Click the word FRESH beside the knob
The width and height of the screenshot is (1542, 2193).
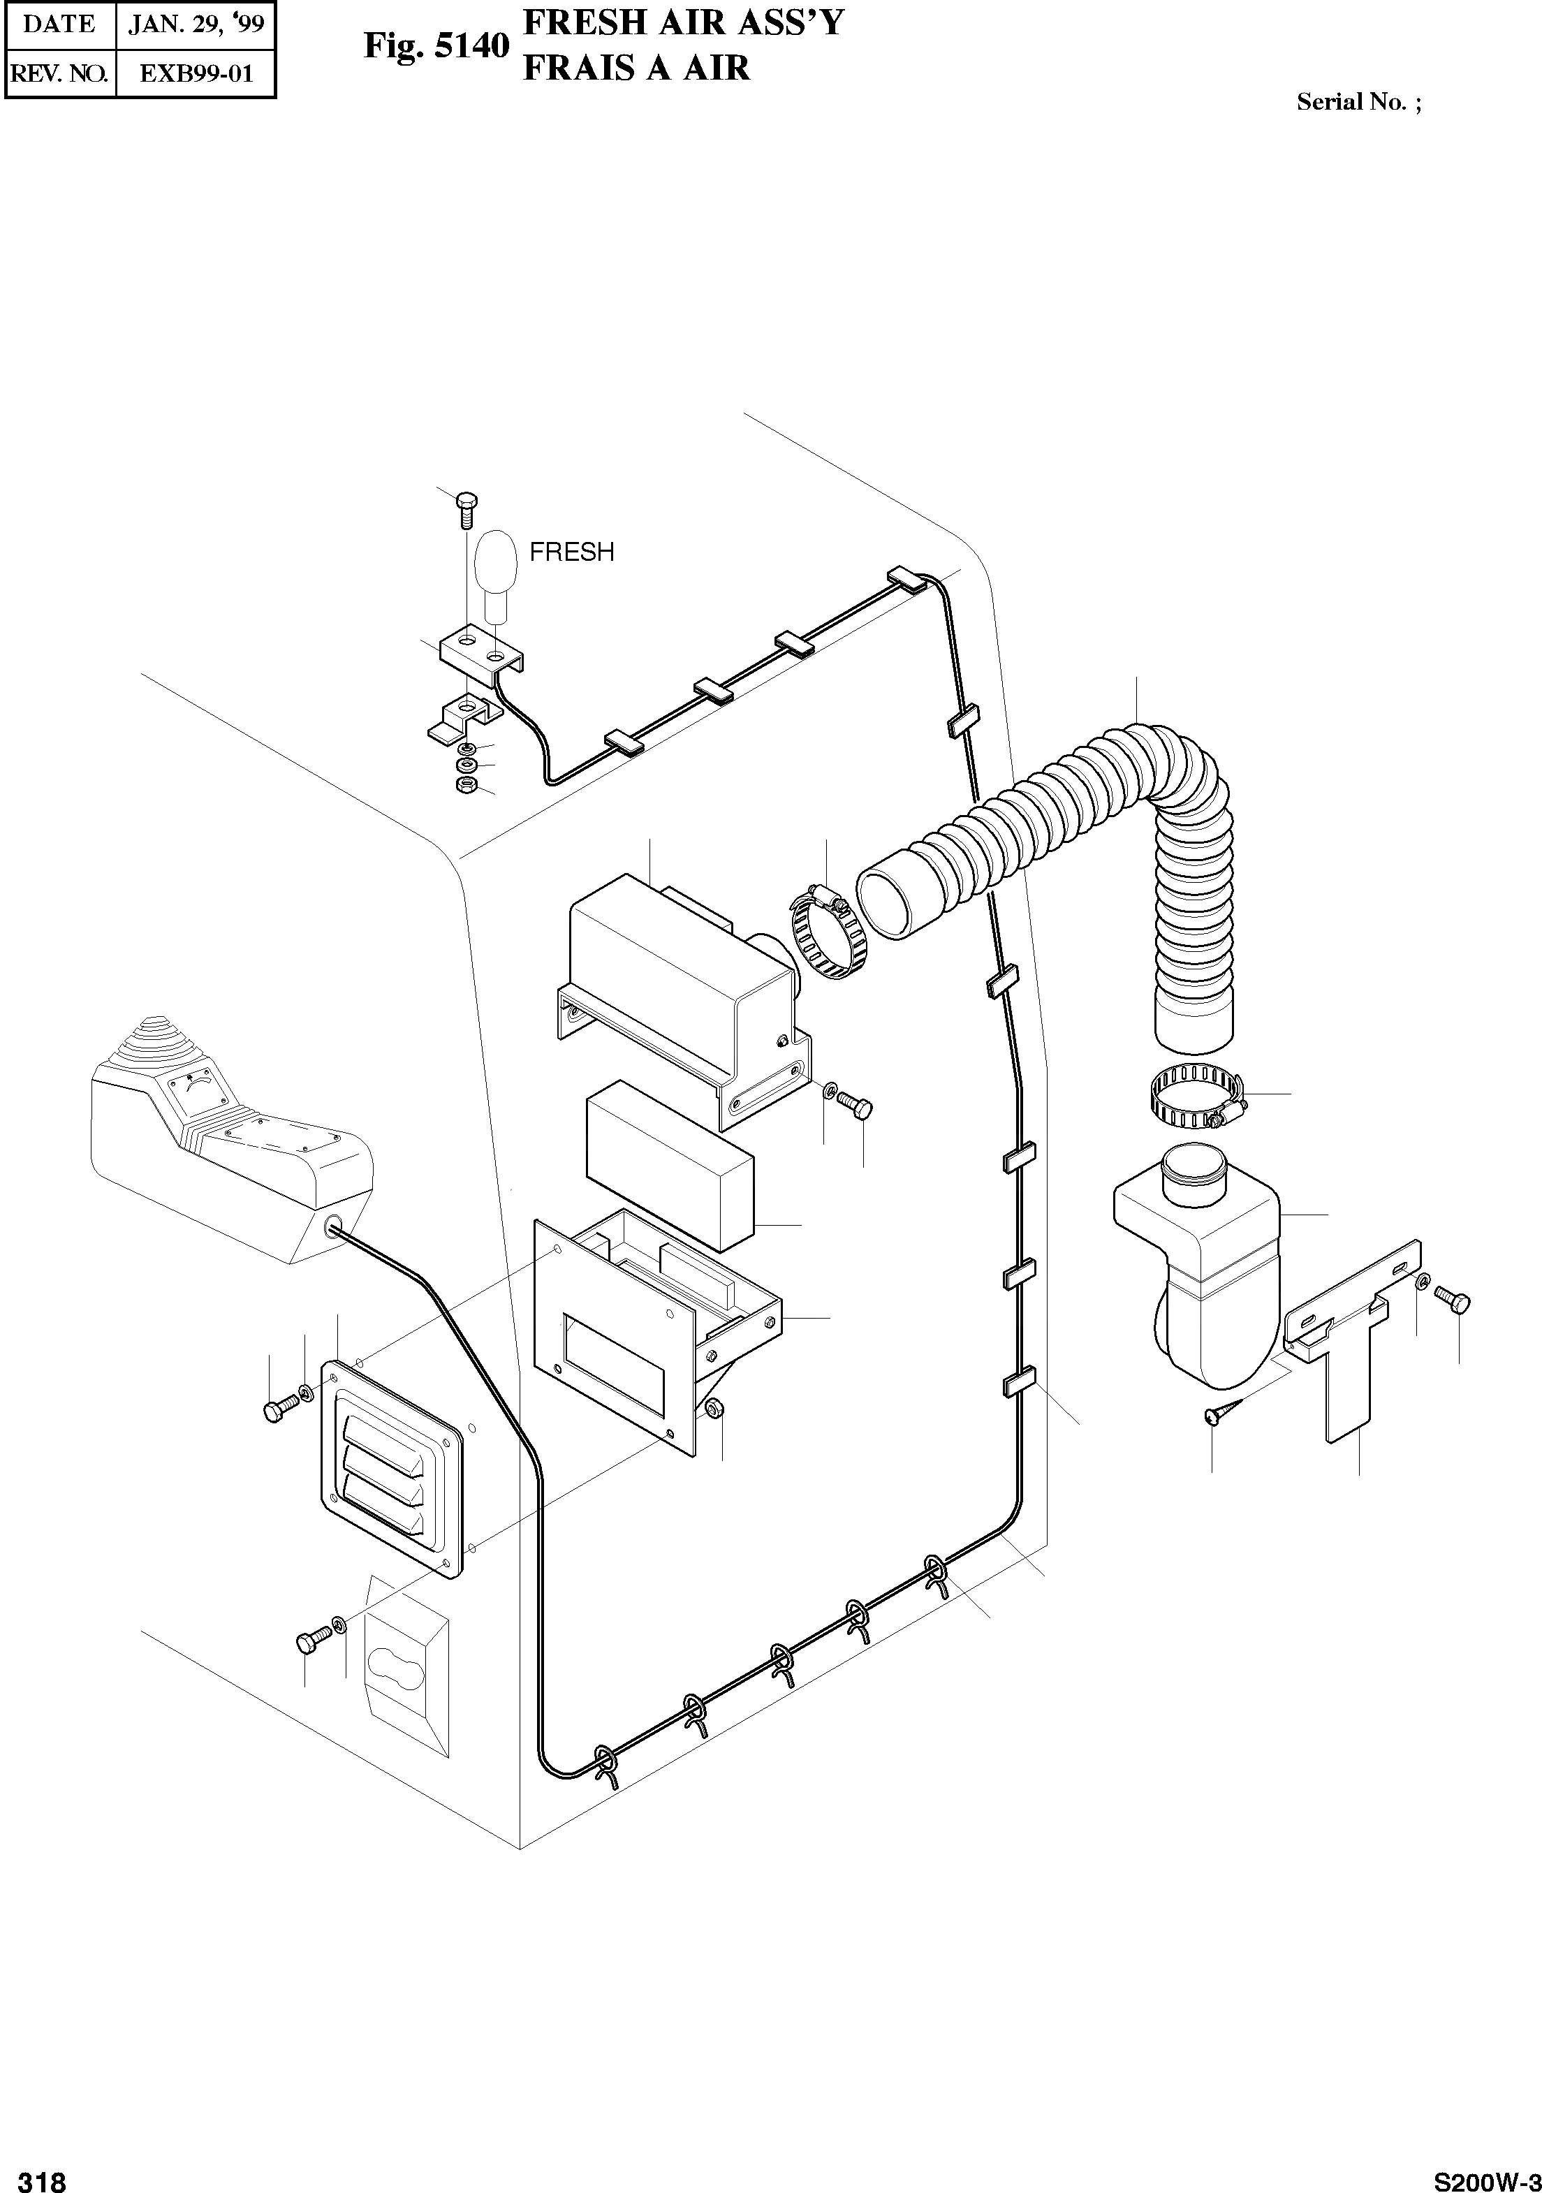[x=571, y=552]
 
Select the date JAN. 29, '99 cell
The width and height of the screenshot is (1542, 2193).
[x=196, y=24]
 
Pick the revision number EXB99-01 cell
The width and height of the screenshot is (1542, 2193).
[x=196, y=73]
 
